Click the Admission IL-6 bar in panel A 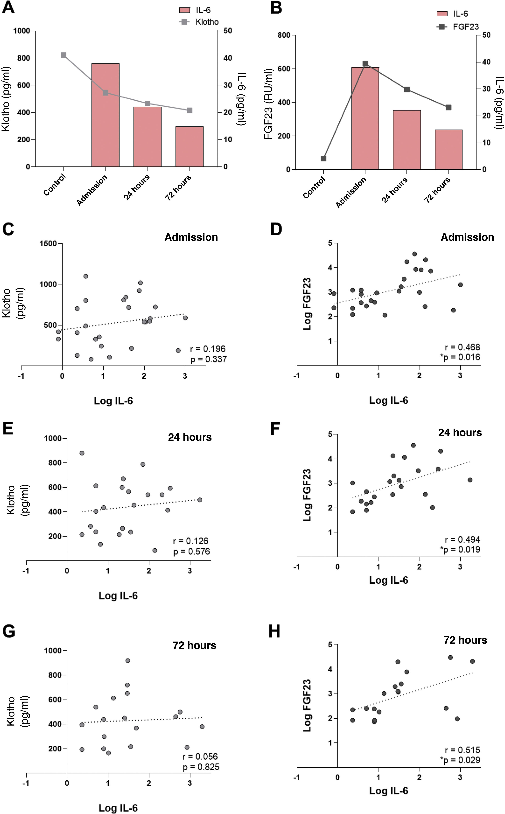[105, 115]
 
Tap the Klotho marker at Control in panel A [63, 55]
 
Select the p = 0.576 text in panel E [191, 552]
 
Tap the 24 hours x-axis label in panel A [137, 187]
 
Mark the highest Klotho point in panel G [128, 660]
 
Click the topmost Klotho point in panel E [82, 453]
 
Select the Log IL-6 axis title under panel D [388, 400]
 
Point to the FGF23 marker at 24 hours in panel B [407, 90]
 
